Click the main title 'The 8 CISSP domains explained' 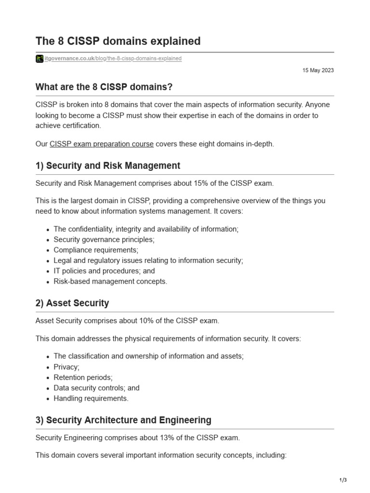[x=118, y=41]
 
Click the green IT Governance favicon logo [x=40, y=59]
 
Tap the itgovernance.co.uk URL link [x=113, y=59]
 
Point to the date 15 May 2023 [x=318, y=70]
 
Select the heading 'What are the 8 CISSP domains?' [x=104, y=87]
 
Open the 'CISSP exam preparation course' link [x=102, y=144]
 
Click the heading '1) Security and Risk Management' [x=108, y=166]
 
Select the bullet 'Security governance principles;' [x=104, y=239]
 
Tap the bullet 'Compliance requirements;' [x=96, y=250]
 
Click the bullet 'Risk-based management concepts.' [x=110, y=282]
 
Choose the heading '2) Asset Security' [x=72, y=303]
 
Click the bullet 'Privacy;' [x=66, y=367]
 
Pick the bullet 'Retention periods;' [x=83, y=377]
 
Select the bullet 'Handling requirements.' [x=91, y=399]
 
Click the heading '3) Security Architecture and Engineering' [x=123, y=420]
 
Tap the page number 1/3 [x=343, y=480]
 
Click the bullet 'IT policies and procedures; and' [x=104, y=271]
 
